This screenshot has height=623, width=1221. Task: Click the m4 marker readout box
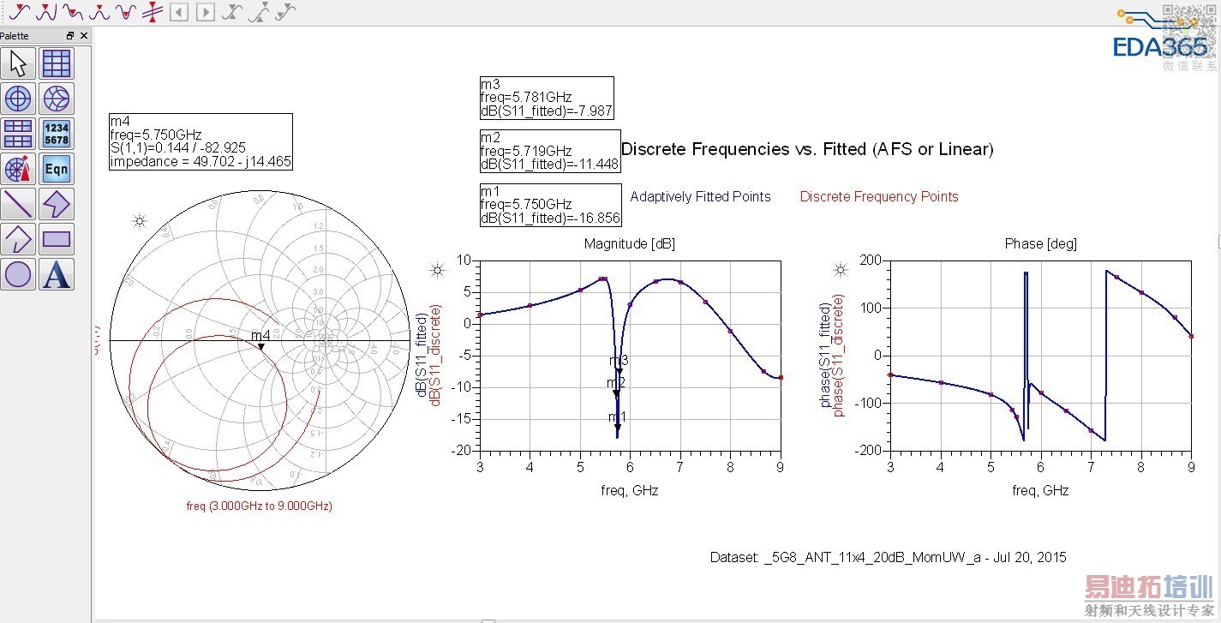coord(201,141)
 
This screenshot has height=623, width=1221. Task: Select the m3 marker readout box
coord(547,98)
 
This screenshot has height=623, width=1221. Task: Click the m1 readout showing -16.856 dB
coord(548,205)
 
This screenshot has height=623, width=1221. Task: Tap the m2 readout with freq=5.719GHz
coord(549,151)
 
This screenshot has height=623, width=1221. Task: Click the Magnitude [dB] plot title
coord(629,244)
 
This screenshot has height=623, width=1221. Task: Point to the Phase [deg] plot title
coord(1040,244)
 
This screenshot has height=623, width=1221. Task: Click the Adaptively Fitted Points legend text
coord(700,197)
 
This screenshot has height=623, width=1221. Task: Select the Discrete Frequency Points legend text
coord(879,197)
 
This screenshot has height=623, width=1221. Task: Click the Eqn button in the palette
coord(57,169)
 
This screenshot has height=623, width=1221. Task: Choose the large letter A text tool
coord(57,274)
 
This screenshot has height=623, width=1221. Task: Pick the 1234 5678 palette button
coord(57,134)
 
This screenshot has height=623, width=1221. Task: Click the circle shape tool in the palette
coord(18,274)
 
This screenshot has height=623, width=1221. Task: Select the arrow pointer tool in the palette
coord(18,63)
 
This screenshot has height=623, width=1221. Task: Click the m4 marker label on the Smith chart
coord(260,336)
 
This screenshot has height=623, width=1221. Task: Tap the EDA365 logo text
coord(1159,46)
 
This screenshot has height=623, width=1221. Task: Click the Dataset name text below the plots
coord(888,557)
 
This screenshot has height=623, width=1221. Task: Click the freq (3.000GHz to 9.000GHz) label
coord(259,506)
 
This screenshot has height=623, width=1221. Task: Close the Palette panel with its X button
coord(84,36)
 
